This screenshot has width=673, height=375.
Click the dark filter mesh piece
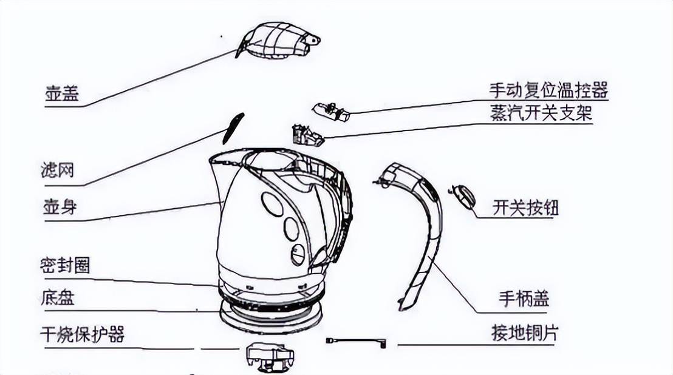233,128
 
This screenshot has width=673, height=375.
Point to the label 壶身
60,207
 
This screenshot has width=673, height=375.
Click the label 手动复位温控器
548,90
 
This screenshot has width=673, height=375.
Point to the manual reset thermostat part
330,112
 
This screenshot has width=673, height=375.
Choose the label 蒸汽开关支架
541,113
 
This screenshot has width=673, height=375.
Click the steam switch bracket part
307,135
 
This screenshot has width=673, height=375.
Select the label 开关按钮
525,208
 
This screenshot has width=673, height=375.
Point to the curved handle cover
426,237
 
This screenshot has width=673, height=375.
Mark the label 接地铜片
524,333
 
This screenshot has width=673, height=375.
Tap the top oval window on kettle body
272,204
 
